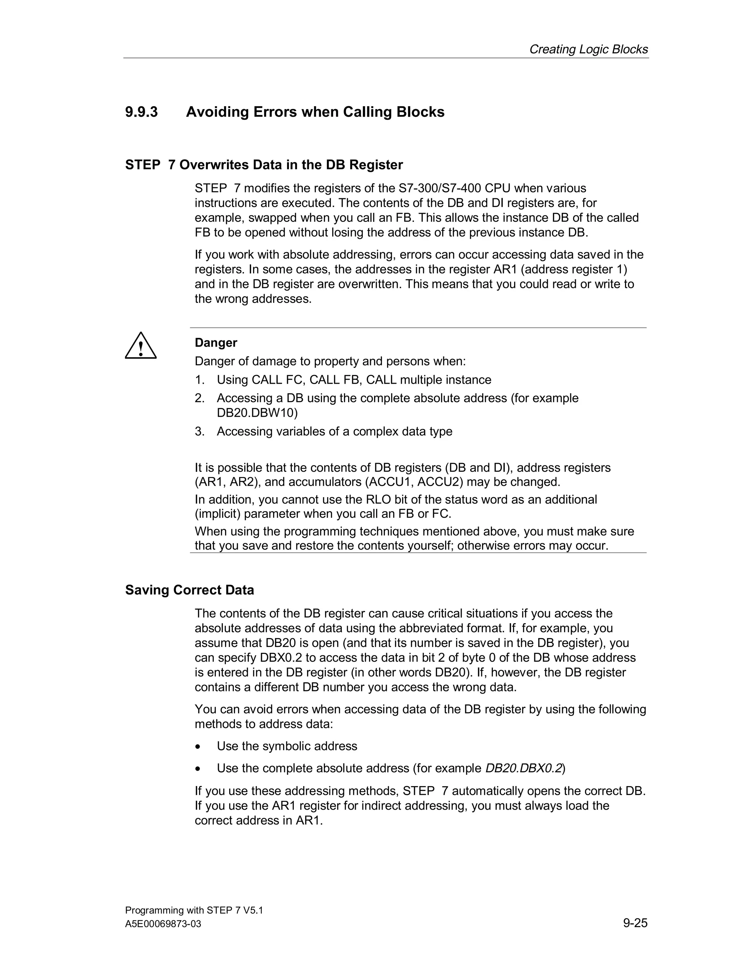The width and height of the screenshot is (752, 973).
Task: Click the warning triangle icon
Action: click(x=140, y=346)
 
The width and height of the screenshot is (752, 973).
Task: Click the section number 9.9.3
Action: click(x=141, y=112)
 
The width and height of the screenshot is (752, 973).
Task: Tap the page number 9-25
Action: click(x=635, y=923)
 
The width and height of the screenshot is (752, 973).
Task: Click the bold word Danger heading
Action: click(x=216, y=343)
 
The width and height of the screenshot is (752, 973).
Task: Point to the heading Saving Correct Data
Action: click(x=189, y=590)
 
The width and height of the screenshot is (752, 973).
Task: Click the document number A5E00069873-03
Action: click(x=163, y=924)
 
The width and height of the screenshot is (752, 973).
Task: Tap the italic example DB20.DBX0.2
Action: click(x=523, y=768)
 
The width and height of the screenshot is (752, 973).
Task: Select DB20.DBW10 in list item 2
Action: click(x=257, y=413)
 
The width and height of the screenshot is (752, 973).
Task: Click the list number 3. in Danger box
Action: click(x=200, y=431)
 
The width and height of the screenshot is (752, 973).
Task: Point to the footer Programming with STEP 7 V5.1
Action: click(x=194, y=910)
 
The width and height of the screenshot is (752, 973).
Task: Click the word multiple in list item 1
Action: click(x=421, y=380)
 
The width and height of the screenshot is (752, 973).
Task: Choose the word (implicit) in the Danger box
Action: click(x=217, y=514)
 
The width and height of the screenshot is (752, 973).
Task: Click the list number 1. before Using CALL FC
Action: click(x=200, y=380)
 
